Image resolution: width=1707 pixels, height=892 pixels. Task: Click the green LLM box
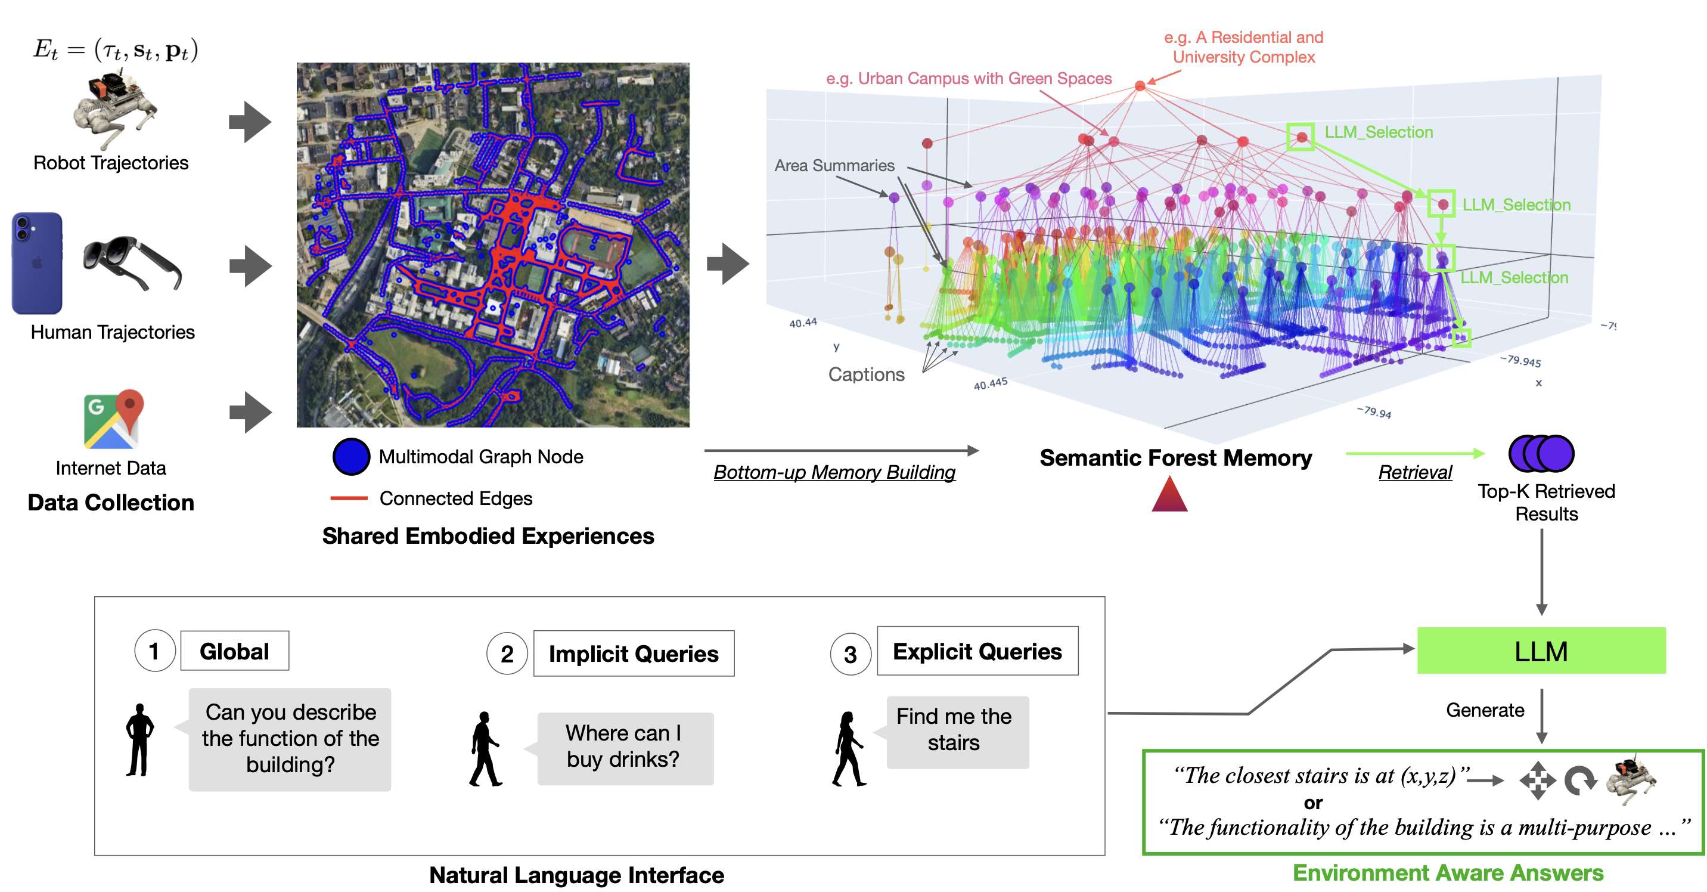coord(1541,651)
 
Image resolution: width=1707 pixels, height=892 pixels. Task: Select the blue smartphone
coord(37,263)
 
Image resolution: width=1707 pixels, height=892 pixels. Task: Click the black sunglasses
coord(132,263)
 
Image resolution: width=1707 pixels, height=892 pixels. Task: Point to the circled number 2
coord(507,653)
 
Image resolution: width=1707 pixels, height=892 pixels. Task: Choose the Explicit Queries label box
coord(977,652)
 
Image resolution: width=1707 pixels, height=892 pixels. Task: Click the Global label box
coord(235,651)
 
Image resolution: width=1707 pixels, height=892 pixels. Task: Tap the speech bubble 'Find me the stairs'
coord(957,731)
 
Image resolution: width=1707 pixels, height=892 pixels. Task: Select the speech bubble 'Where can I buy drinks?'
coord(624,748)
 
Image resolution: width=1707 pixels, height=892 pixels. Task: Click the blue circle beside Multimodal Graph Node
coord(350,457)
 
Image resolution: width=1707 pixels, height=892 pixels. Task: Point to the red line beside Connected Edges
coord(349,498)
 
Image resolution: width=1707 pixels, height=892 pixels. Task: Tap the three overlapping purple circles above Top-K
coord(1541,453)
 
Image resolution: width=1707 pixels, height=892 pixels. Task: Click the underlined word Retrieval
coord(1415,472)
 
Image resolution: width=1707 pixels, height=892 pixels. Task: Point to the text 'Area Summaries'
coord(834,165)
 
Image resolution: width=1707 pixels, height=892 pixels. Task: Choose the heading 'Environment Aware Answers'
coord(1448,873)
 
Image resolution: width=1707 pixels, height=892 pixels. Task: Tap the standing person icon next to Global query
coord(140,739)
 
